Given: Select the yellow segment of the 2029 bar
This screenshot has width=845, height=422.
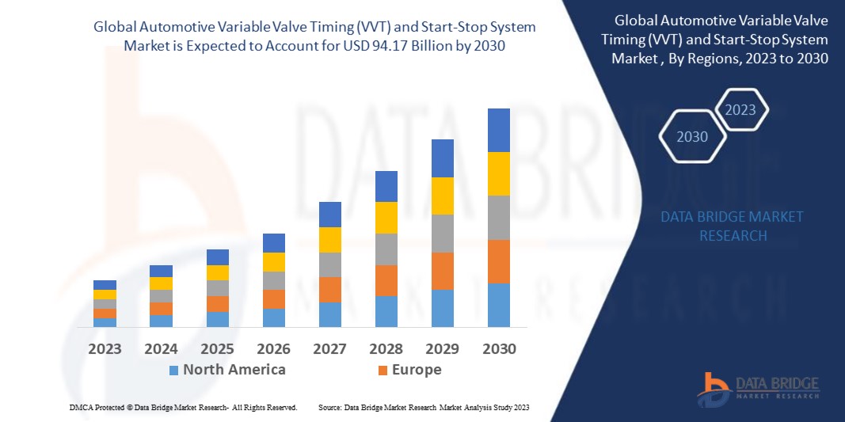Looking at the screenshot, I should click(x=442, y=196).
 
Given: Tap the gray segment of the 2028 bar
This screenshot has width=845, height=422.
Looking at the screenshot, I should click(x=386, y=249).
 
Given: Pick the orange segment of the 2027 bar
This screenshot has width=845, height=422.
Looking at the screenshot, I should click(x=329, y=289).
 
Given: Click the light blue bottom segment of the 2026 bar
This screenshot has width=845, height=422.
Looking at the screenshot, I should click(x=273, y=317).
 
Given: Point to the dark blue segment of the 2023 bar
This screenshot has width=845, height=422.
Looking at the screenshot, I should click(x=105, y=285).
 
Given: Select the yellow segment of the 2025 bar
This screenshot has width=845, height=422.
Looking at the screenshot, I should click(x=217, y=272).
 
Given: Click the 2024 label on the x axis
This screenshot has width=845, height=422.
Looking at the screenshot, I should click(x=161, y=348).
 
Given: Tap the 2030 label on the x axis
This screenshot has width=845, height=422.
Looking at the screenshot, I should click(x=498, y=348).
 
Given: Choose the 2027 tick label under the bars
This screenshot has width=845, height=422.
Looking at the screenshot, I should click(x=329, y=348).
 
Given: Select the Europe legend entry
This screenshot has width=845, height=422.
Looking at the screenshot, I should click(x=416, y=370).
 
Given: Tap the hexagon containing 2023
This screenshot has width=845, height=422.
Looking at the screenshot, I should click(x=740, y=110).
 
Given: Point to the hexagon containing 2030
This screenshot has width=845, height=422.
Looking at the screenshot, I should click(x=691, y=137).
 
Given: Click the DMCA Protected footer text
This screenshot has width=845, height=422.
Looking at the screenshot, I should click(x=182, y=407).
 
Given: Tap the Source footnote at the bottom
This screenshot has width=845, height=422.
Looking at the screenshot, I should click(x=423, y=407).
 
